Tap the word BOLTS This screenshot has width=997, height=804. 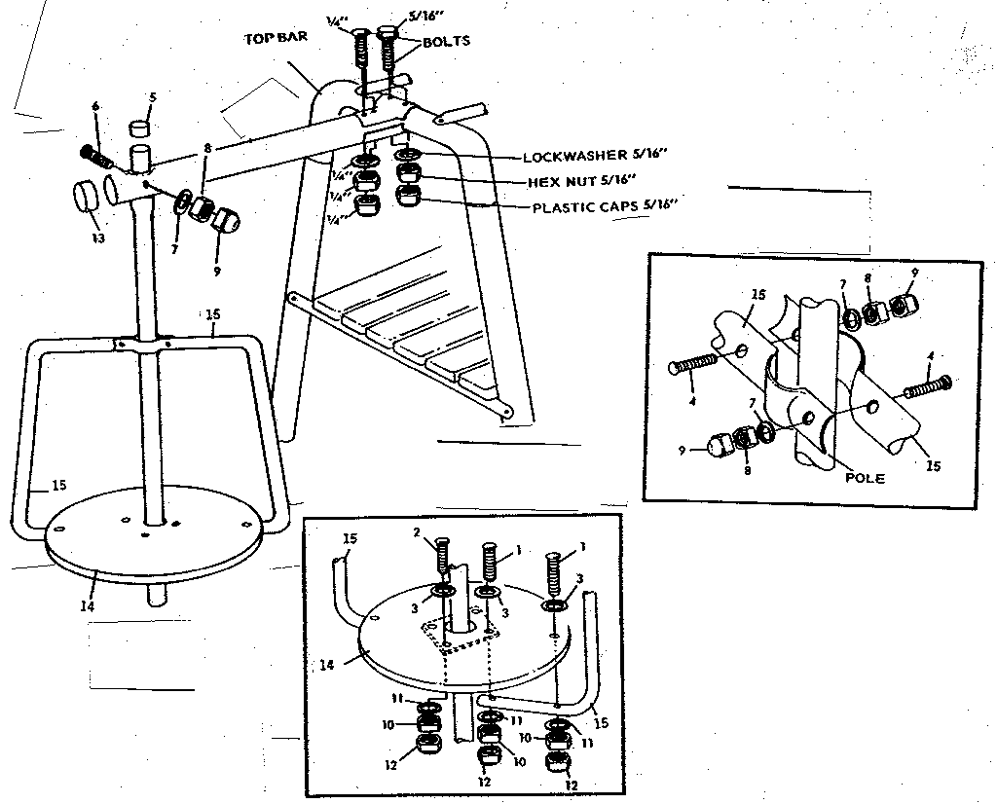(447, 42)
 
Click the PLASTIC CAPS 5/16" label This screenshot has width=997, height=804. (604, 206)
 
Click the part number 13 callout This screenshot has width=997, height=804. (95, 238)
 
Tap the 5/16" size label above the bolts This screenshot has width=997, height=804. (397, 16)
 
